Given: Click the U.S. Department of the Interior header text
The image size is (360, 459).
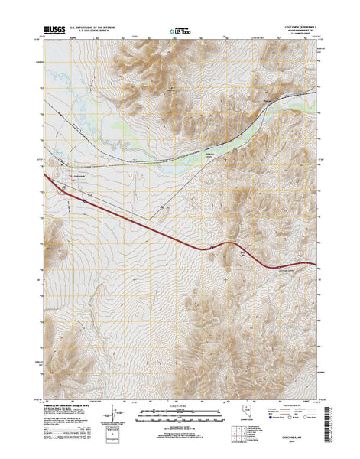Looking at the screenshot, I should [x=93, y=26].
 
